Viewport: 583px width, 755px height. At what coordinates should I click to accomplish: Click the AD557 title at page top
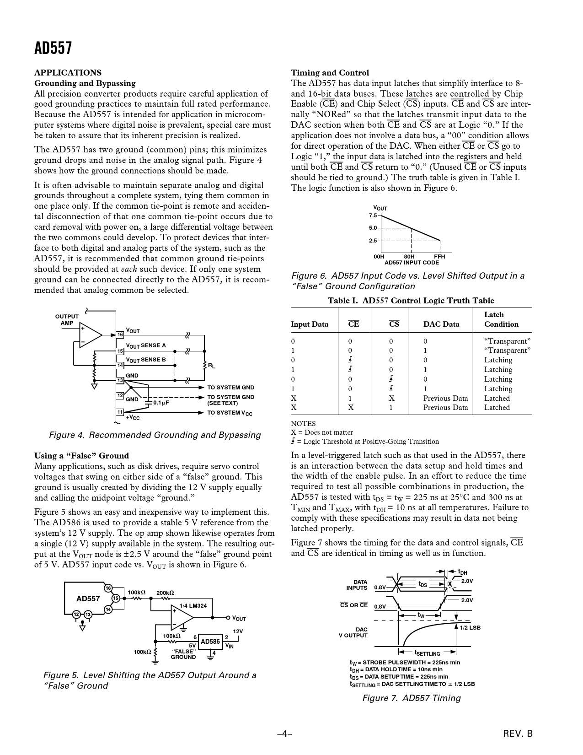(53, 48)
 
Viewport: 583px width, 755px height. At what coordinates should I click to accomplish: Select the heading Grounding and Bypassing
(85, 83)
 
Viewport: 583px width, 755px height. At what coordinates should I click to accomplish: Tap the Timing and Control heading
(330, 73)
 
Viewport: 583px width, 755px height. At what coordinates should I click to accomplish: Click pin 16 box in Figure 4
(120, 335)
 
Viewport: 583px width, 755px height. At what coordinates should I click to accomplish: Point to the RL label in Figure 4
(211, 366)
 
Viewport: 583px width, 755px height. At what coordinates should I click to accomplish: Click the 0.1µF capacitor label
(161, 403)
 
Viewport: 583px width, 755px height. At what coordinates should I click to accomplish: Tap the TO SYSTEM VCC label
(230, 413)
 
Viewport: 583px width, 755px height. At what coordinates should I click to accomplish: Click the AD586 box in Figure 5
(210, 642)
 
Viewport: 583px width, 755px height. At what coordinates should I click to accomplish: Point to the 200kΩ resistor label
(165, 593)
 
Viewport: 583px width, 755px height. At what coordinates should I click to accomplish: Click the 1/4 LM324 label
(193, 606)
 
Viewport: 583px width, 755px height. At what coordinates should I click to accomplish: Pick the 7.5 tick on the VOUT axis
(373, 216)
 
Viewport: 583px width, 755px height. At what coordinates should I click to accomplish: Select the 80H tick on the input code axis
(409, 257)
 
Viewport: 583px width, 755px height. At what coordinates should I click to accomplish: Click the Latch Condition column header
(501, 319)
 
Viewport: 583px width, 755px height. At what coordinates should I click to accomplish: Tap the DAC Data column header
(441, 324)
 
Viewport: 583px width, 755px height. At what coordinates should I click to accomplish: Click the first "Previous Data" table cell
(445, 398)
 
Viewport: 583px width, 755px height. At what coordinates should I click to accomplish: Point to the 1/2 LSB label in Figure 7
(470, 628)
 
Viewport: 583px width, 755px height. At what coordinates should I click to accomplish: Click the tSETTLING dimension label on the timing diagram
(427, 653)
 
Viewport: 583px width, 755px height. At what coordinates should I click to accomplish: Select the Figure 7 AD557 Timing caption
(412, 698)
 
